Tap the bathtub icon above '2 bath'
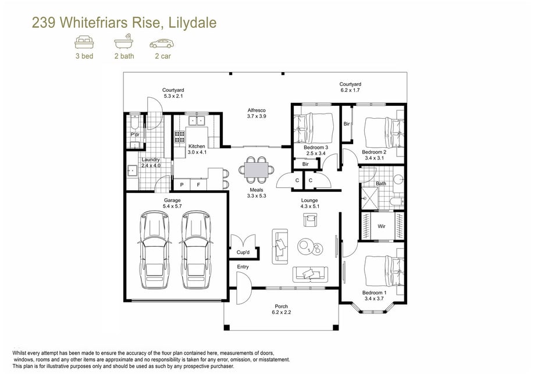[124, 41]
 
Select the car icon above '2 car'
[162, 44]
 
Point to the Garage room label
[172, 200]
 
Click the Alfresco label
[257, 110]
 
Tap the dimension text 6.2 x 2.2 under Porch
[282, 312]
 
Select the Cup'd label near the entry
[243, 252]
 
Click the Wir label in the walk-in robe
[382, 226]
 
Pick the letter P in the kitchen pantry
[182, 185]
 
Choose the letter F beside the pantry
[199, 185]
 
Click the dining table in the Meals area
[257, 169]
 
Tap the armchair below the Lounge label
[310, 220]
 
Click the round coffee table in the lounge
[306, 246]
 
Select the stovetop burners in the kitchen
[180, 137]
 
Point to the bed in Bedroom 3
[314, 128]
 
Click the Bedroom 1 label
[374, 293]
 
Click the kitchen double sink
[197, 120]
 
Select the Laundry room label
[151, 160]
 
